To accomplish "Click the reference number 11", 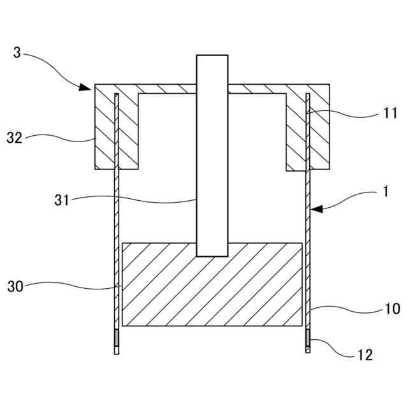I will pyautogui.click(x=391, y=114).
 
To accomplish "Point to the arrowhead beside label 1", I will pyautogui.click(x=316, y=208).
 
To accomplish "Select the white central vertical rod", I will pyautogui.click(x=212, y=191).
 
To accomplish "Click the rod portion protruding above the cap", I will pyautogui.click(x=212, y=69).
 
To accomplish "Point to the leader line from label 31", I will pyautogui.click(x=140, y=202).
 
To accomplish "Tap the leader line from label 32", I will pyautogui.click(x=64, y=135).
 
